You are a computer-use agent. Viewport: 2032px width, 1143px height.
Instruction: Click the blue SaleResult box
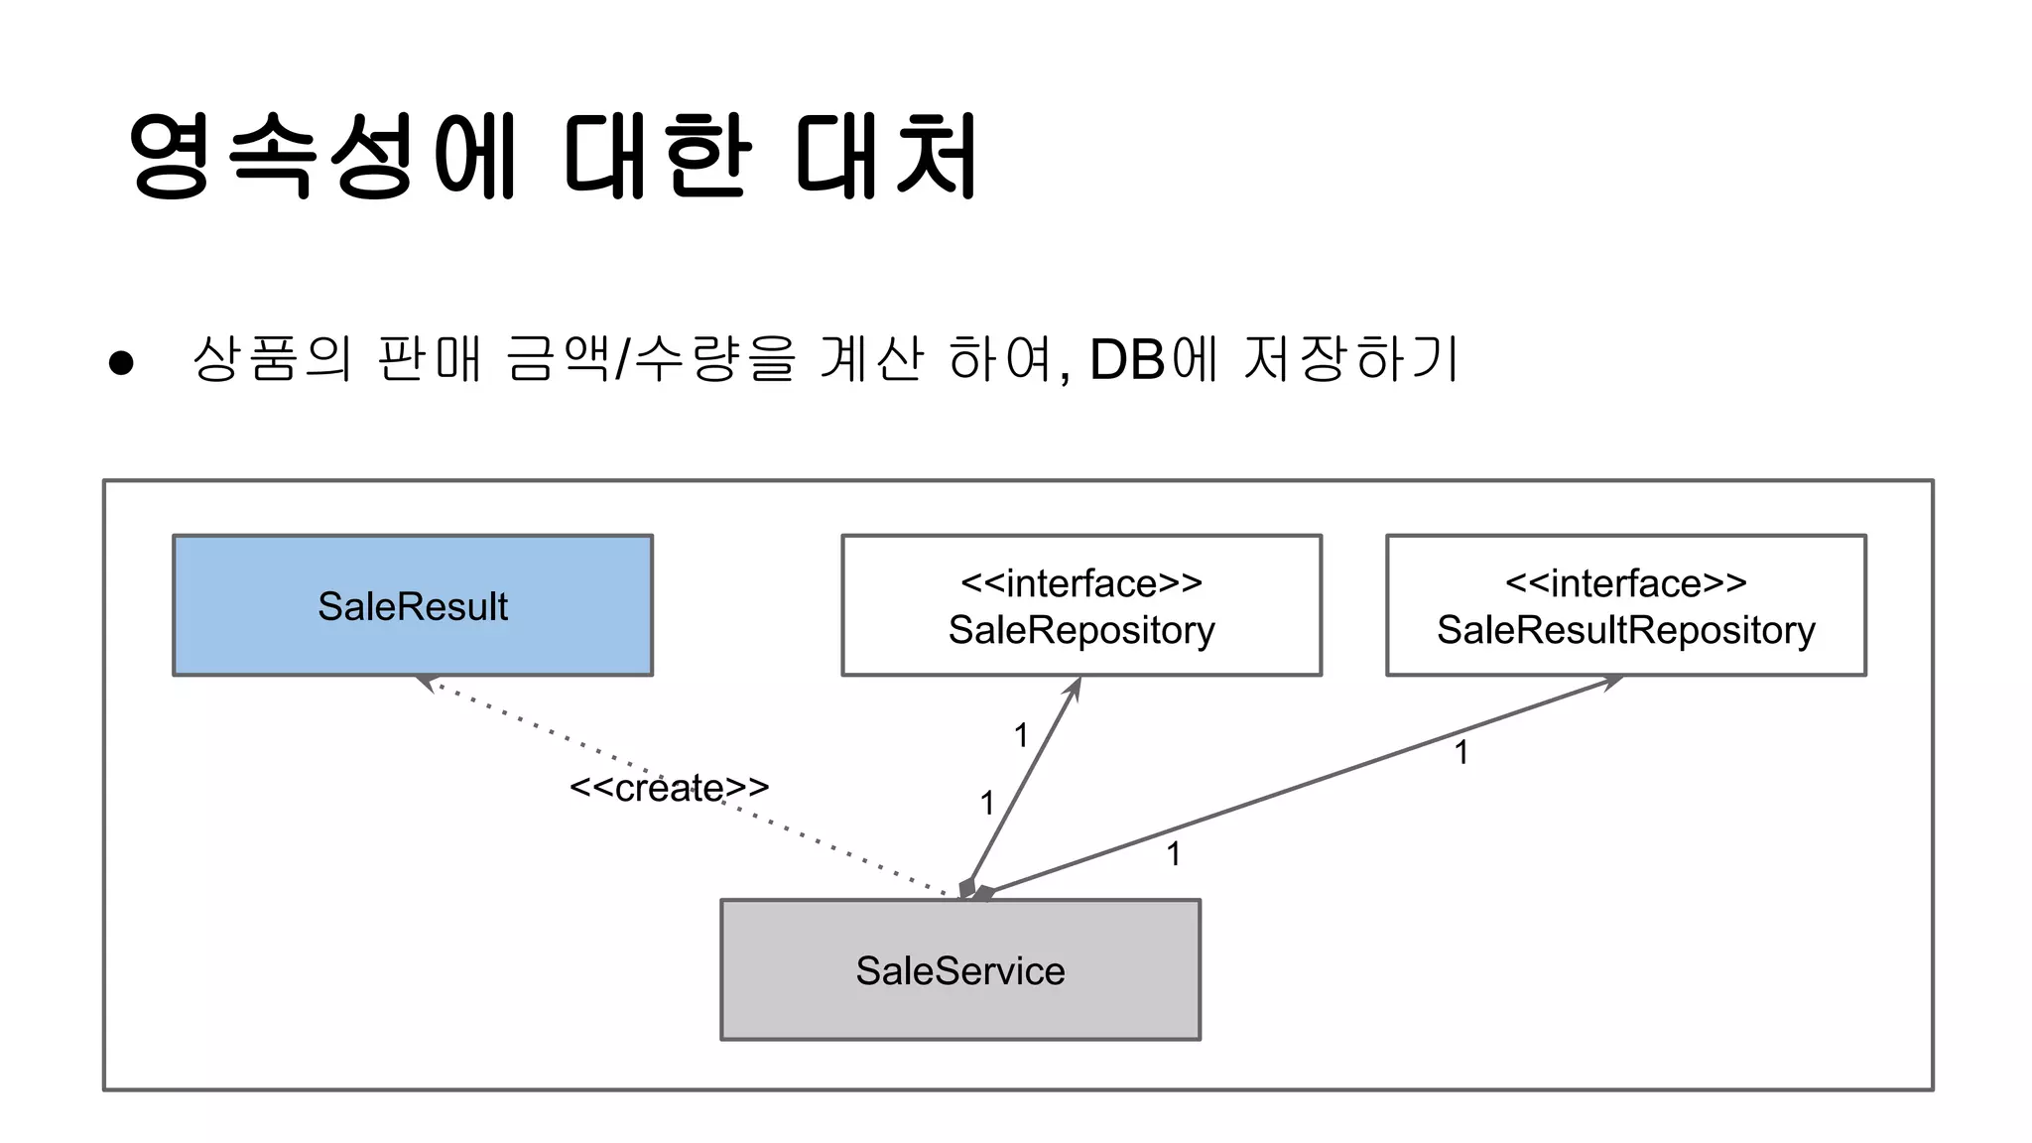(x=413, y=605)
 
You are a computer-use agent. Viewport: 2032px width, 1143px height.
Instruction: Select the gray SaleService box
(x=959, y=969)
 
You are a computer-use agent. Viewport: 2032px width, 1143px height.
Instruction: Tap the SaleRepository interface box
(x=1081, y=605)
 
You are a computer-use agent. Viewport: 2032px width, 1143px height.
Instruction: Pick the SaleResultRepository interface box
(x=1625, y=605)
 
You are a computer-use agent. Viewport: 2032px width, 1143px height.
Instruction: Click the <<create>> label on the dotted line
(x=669, y=788)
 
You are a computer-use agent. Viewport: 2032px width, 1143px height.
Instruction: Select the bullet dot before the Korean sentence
(x=121, y=363)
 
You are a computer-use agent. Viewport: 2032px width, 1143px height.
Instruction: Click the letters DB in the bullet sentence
(x=1127, y=359)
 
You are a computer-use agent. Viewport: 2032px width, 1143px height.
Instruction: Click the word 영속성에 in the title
(x=323, y=156)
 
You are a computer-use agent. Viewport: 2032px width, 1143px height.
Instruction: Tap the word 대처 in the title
(x=886, y=156)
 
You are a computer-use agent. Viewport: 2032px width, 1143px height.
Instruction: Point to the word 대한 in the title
(x=655, y=156)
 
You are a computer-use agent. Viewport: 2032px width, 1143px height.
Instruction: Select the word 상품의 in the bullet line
(x=271, y=358)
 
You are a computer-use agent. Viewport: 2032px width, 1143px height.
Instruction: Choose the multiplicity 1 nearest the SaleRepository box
(x=1021, y=735)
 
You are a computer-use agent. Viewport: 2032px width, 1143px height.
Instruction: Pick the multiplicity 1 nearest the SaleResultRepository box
(x=1460, y=752)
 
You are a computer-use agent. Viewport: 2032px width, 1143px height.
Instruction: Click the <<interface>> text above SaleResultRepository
(x=1625, y=583)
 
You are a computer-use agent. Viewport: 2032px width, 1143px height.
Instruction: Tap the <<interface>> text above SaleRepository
(x=1081, y=583)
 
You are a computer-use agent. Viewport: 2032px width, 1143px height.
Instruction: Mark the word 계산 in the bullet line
(x=871, y=358)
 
